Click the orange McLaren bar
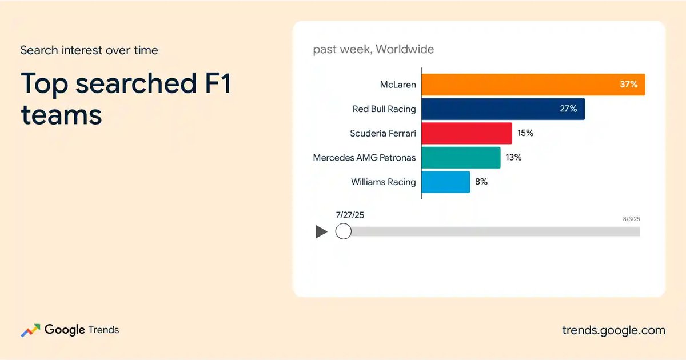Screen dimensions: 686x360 click(533, 85)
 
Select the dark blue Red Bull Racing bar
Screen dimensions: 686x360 click(503, 109)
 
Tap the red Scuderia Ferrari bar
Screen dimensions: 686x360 click(466, 133)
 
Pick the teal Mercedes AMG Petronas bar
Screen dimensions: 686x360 click(461, 158)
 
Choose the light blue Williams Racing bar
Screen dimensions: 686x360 click(445, 182)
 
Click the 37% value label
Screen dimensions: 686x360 click(629, 84)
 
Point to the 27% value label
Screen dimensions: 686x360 click(568, 109)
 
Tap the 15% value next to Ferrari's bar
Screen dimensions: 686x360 click(525, 133)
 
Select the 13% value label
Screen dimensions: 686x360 click(513, 157)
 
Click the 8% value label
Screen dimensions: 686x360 click(481, 182)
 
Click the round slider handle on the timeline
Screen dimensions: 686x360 click(344, 231)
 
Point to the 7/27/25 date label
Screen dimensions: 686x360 click(350, 215)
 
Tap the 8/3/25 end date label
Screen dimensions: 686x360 click(632, 219)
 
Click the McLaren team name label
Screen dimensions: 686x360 click(398, 85)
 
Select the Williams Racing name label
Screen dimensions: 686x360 click(384, 182)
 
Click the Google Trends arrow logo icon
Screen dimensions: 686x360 click(30, 330)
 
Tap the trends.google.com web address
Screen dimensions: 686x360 click(614, 330)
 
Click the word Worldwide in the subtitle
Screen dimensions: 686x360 click(405, 49)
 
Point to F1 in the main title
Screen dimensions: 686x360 click(218, 83)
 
